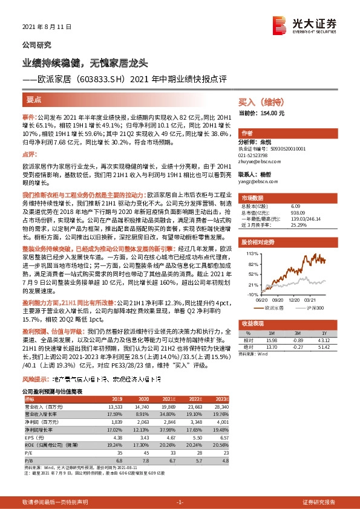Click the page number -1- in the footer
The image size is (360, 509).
point(180,502)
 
